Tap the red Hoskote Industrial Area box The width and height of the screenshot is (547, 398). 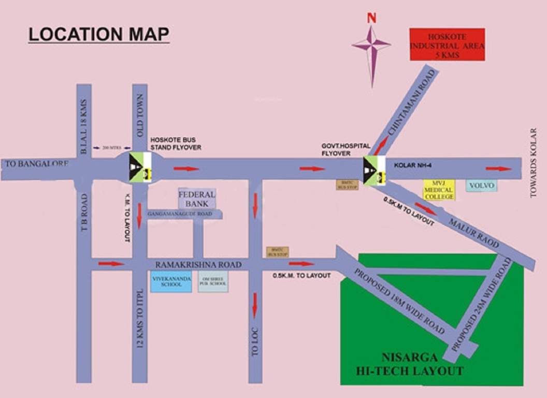coord(447,45)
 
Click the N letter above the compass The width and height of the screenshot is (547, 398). coord(371,18)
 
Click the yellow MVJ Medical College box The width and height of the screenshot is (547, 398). coord(439,190)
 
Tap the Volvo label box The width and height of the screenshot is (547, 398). coord(481,185)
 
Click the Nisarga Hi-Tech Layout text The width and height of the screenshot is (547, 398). coord(409,364)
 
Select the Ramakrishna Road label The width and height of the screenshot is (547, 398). coord(198,264)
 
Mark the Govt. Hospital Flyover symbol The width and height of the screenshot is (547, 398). coord(375,170)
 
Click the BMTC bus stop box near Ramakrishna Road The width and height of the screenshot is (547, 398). coord(277,252)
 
